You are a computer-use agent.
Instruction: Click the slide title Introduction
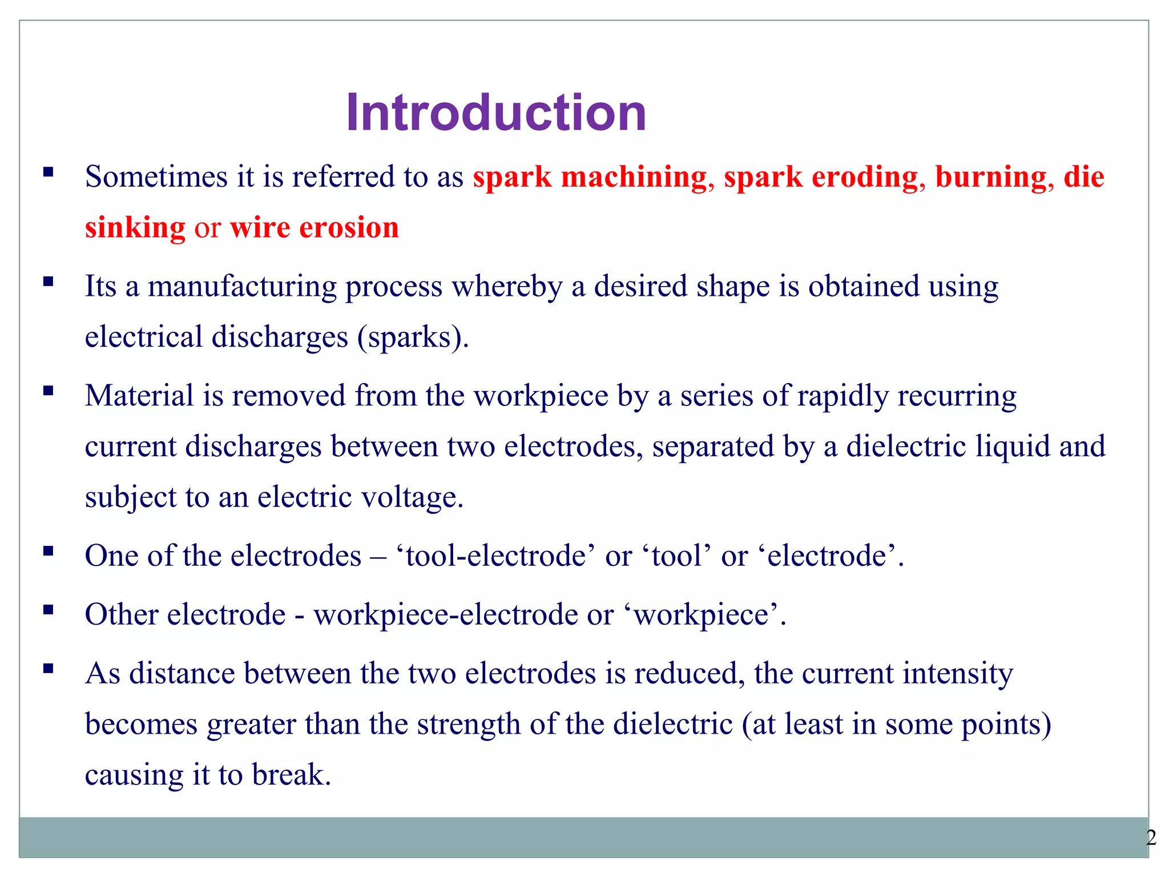click(x=495, y=112)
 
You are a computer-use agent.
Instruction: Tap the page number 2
click(x=1151, y=838)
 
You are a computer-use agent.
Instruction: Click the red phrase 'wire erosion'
click(x=314, y=227)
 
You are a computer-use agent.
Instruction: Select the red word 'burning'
click(x=991, y=176)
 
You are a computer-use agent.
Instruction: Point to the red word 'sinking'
click(x=135, y=227)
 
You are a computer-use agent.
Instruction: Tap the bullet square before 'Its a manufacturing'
click(x=49, y=281)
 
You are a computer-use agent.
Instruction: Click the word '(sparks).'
click(x=413, y=337)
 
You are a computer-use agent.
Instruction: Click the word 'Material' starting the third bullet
click(x=139, y=395)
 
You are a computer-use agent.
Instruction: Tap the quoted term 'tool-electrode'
click(x=495, y=556)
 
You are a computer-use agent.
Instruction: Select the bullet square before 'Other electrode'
click(x=49, y=609)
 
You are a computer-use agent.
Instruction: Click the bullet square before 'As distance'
click(x=49, y=668)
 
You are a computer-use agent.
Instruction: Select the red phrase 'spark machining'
click(x=590, y=176)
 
